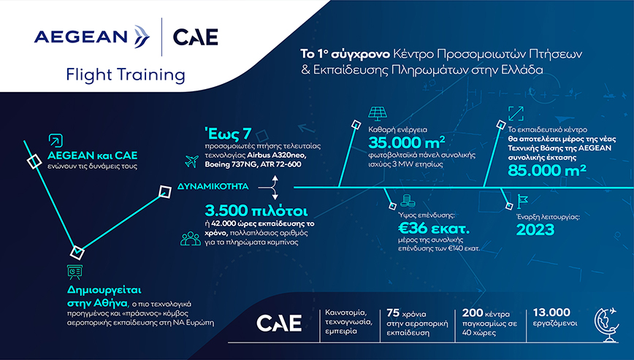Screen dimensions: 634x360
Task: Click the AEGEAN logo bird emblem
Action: (141, 37)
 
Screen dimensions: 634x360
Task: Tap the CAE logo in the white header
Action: (195, 37)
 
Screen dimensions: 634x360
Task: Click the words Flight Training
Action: (126, 75)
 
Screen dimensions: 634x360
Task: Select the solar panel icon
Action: (378, 113)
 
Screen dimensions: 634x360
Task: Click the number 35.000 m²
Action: (407, 142)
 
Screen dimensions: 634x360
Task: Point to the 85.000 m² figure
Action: (547, 170)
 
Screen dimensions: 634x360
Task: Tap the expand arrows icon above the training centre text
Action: (516, 113)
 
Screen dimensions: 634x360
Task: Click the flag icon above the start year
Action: (522, 202)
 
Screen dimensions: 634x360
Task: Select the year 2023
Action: (535, 229)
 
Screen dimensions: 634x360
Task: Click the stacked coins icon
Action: (405, 200)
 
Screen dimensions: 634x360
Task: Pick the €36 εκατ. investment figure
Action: (434, 229)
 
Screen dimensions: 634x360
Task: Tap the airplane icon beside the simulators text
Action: (191, 161)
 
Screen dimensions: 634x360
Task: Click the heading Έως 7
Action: (228, 134)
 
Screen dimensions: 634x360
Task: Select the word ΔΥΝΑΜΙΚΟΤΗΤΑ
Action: (213, 187)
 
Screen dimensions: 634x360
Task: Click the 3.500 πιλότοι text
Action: (256, 210)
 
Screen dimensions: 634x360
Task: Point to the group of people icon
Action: (191, 239)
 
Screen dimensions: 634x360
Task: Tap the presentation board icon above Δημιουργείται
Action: (75, 272)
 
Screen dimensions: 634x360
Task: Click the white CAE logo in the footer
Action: (279, 323)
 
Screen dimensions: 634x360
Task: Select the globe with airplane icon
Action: (606, 325)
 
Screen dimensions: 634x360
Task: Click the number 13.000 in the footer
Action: (551, 313)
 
